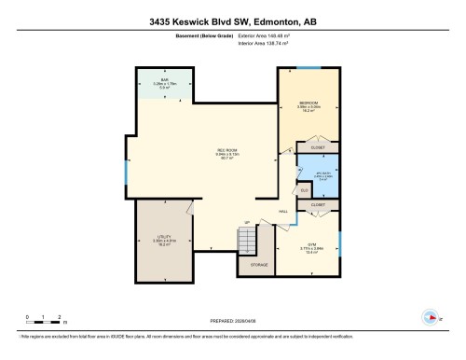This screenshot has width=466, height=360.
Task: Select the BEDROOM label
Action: click(308, 102)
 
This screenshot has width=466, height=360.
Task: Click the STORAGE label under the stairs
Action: click(258, 266)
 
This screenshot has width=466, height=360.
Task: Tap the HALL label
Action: click(283, 211)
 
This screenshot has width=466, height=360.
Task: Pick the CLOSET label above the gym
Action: click(317, 203)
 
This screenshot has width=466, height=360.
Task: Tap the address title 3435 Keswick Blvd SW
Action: click(232, 18)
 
